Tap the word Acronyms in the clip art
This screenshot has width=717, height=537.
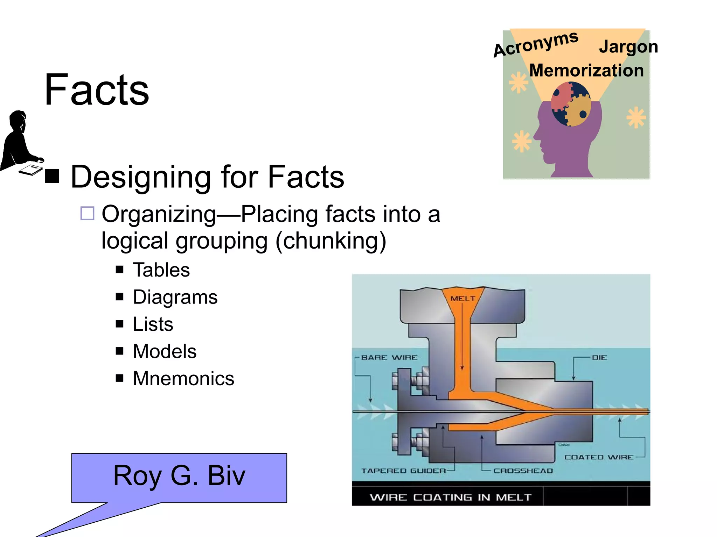point(536,44)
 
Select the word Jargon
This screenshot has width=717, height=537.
point(628,47)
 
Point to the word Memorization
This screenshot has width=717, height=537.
point(586,71)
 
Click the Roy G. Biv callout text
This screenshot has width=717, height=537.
point(179,475)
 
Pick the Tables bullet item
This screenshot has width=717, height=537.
point(161,270)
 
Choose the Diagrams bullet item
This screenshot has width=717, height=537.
point(175,297)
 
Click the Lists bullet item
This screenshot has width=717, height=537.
point(153,324)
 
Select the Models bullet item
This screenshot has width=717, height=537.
point(165,351)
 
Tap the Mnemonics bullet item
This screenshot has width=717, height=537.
point(183,379)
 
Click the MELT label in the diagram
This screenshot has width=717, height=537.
point(463,299)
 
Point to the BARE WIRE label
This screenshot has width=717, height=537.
point(389,358)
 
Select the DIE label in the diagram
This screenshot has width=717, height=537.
point(599,358)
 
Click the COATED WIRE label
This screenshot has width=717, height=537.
point(599,457)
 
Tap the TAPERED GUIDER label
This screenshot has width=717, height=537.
point(404,471)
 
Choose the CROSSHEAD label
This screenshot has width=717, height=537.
point(523,471)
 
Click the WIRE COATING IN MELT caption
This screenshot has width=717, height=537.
point(451,497)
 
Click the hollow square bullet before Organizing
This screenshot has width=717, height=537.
point(87,213)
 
